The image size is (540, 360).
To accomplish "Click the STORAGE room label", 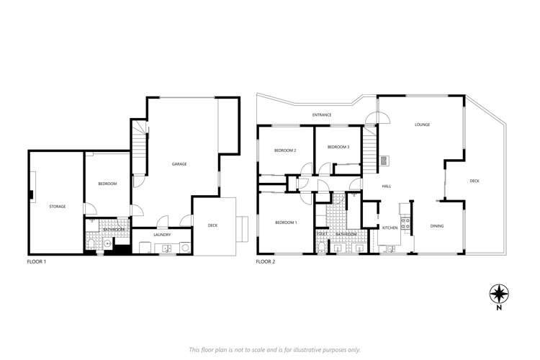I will click(x=57, y=207).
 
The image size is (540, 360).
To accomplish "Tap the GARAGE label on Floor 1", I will click(x=179, y=164).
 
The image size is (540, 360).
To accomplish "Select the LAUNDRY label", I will click(x=161, y=234).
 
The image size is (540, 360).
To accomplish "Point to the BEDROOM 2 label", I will click(x=285, y=150).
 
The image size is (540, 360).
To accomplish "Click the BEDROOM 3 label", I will click(x=338, y=147).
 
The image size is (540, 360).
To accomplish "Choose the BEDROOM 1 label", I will click(x=286, y=222).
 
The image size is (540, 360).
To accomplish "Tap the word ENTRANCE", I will click(x=322, y=115).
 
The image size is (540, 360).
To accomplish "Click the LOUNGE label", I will click(x=422, y=125).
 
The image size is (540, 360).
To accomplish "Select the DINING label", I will click(x=437, y=227).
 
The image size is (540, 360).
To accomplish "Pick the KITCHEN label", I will click(x=390, y=228).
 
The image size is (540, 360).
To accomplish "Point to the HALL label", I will click(x=387, y=186).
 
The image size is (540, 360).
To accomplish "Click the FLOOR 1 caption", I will click(x=37, y=262).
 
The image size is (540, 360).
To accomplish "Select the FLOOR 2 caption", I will click(x=265, y=262).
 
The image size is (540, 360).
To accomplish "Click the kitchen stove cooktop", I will click(x=405, y=223).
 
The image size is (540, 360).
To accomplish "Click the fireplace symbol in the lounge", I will click(x=384, y=161).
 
